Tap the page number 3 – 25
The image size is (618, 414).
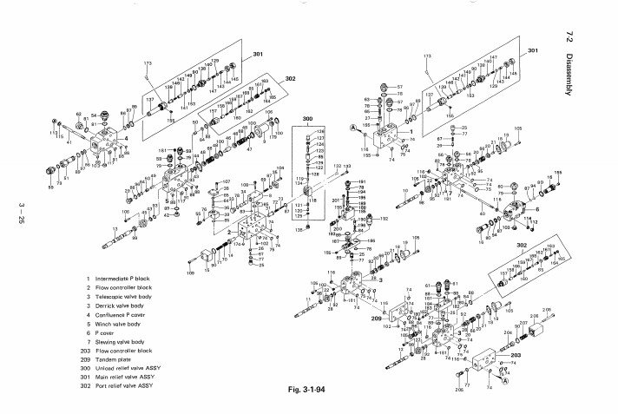click(x=20, y=212)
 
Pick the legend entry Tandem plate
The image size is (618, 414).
click(x=118, y=345)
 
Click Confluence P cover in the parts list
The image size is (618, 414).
click(x=128, y=312)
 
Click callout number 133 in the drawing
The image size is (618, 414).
click(x=347, y=165)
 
